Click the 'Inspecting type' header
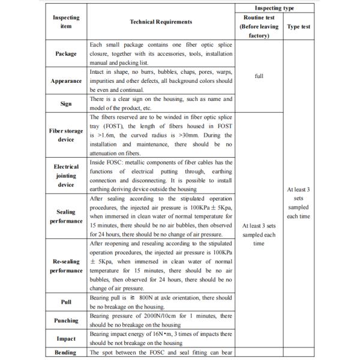274,8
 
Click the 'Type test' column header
298,27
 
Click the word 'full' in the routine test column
259,76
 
